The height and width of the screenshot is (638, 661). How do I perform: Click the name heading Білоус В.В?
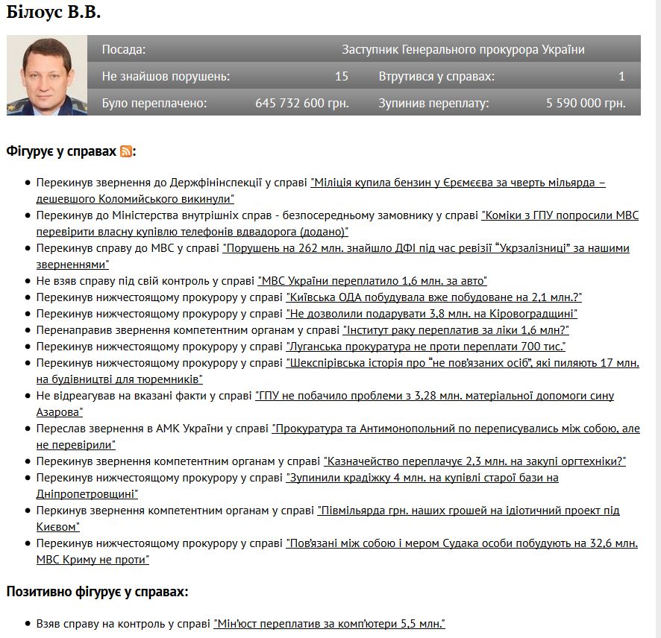click(x=53, y=13)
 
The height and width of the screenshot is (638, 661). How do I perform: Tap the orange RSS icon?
click(x=127, y=151)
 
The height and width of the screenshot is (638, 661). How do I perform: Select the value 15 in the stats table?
click(x=342, y=76)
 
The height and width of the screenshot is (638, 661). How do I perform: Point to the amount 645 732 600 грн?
click(x=301, y=103)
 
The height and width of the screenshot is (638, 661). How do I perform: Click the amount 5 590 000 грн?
click(x=585, y=103)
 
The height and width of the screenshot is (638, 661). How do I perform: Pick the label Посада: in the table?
click(x=124, y=50)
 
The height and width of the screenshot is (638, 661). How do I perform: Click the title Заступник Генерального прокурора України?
click(x=463, y=50)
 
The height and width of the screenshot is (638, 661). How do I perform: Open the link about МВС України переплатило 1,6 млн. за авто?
click(x=372, y=280)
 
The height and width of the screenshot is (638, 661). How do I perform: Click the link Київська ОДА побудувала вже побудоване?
click(x=434, y=297)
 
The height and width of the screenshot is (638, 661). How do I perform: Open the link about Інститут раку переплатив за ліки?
click(x=455, y=329)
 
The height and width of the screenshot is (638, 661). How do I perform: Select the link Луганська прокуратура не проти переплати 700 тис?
click(x=426, y=346)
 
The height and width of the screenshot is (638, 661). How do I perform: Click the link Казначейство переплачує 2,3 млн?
click(x=474, y=461)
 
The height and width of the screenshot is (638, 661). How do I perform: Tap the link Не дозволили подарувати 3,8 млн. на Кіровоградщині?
click(x=432, y=313)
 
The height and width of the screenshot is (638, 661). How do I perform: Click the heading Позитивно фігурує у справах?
click(x=97, y=592)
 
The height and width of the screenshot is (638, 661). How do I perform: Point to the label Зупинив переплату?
click(x=433, y=103)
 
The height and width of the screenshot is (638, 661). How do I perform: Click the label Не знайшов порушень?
click(x=166, y=76)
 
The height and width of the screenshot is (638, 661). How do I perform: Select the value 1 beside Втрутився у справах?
click(x=621, y=76)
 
